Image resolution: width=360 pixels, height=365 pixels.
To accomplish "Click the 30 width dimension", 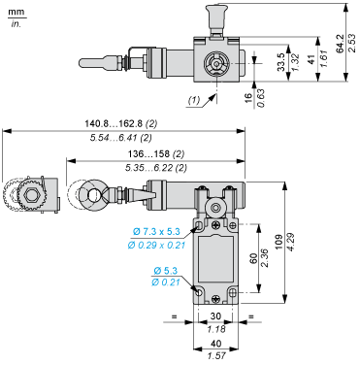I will click(218, 315).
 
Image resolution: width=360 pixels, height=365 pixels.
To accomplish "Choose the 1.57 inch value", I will click(218, 355).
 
